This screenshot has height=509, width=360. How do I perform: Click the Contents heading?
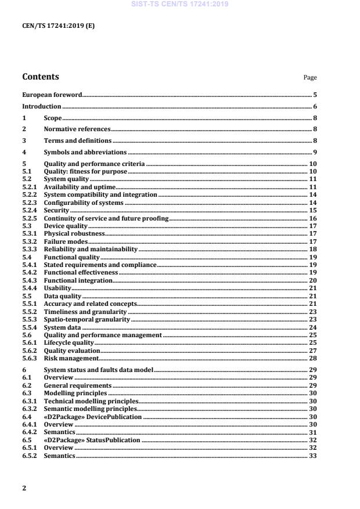[40, 77]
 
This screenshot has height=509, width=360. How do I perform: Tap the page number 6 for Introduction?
[314, 107]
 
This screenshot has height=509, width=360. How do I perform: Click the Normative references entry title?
[77, 129]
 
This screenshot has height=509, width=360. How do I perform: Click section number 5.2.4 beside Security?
[29, 211]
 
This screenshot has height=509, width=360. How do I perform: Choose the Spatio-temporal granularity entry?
[87, 319]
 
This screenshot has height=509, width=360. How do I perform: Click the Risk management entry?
[67, 359]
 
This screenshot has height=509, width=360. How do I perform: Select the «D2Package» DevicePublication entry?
[93, 417]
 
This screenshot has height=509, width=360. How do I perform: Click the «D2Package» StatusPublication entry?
[92, 441]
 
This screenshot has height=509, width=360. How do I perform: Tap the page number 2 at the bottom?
[24, 488]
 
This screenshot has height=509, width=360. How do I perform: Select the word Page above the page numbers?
[310, 78]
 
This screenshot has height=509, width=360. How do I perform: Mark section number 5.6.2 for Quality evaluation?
[29, 351]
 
